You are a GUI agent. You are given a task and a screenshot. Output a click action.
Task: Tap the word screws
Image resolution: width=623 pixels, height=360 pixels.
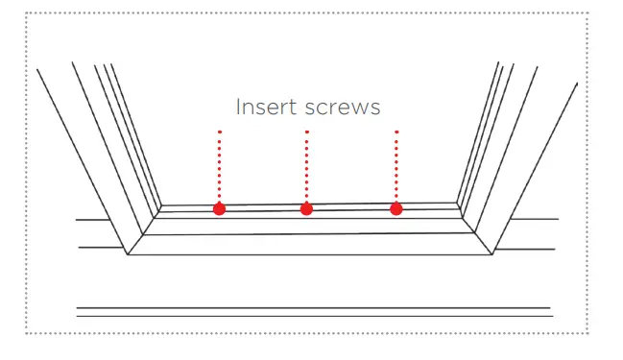342,106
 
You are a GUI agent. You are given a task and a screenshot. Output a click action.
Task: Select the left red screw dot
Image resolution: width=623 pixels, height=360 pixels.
219,208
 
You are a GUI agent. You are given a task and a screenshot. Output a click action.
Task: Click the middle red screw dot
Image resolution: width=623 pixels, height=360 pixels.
306,208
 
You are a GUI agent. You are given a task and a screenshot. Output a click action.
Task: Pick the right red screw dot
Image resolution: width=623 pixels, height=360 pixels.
395,207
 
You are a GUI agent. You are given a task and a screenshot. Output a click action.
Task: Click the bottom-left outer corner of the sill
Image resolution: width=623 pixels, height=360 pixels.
128,254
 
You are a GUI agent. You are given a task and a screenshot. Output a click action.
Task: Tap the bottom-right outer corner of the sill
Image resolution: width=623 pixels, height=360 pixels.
493,254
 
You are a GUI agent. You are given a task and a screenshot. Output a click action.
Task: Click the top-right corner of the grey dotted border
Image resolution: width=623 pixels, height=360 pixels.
587,14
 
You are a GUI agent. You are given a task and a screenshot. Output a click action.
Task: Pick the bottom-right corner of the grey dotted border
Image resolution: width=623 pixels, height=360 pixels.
587,333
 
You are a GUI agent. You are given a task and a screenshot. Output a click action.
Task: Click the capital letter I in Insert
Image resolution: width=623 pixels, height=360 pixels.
239,106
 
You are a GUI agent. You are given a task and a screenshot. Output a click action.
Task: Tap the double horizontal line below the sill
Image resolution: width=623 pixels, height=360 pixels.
313,311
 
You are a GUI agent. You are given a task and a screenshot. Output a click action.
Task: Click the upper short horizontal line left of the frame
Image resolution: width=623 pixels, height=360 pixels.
92,220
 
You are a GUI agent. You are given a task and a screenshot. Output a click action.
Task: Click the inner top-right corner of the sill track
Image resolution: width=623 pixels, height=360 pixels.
457,203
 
